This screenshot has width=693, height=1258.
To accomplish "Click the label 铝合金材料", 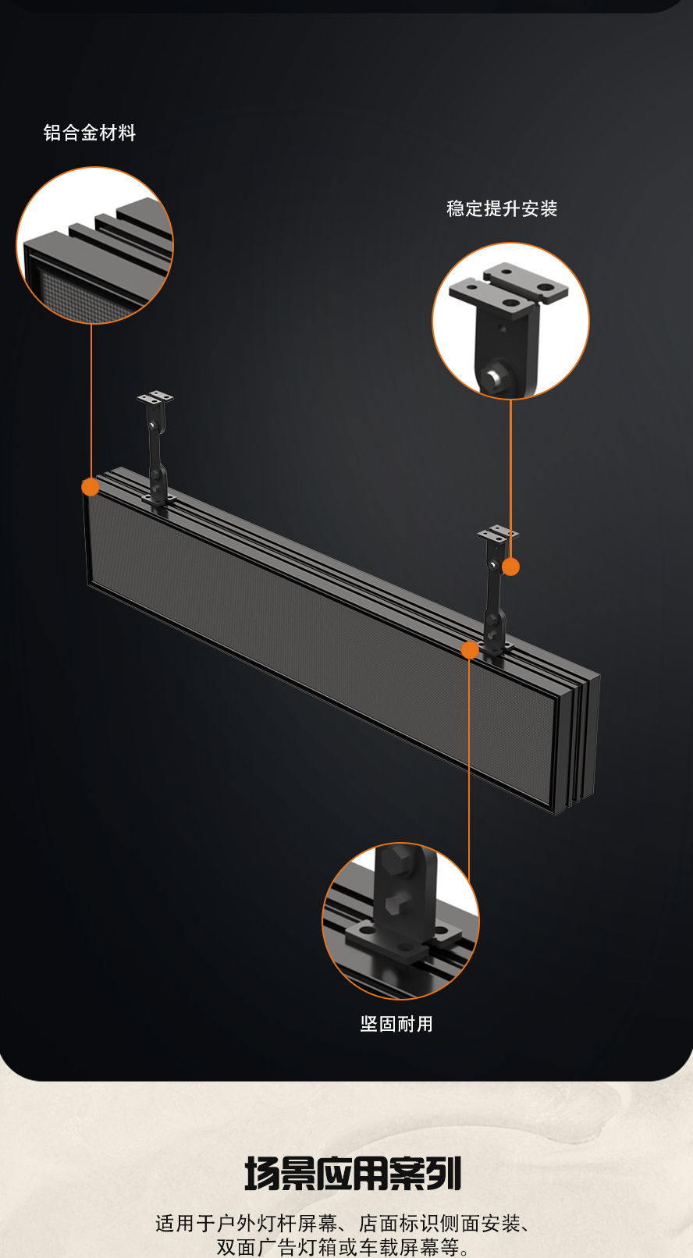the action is point(90,133).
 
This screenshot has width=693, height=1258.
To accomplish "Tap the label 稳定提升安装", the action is point(502,209).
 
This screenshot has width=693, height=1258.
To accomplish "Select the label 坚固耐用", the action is point(396,1023).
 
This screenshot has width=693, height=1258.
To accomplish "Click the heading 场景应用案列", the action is point(353,1173).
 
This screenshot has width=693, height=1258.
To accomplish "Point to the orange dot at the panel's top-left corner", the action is point(91,487).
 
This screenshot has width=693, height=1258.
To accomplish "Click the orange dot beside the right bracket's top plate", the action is point(510,567).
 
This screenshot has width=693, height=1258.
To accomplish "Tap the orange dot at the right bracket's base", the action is point(470,650).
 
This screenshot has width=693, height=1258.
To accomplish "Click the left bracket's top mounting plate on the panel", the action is point(155,397).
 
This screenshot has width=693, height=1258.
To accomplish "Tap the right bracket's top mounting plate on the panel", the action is point(498,533).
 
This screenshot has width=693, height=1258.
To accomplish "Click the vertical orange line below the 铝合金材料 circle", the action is point(91,401).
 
